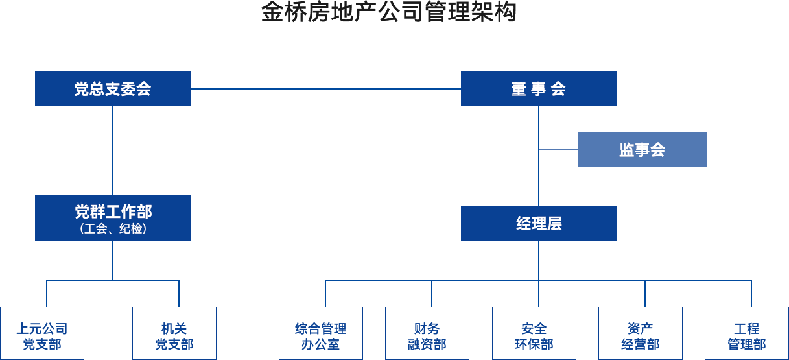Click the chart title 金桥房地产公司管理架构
389,13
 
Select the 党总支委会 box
112,89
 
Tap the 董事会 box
538,89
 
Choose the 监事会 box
642,150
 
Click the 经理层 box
538,224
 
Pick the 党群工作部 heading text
113,211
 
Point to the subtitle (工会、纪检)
113,229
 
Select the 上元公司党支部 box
42,333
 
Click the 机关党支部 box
174,333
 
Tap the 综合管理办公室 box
321,333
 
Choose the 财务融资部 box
427,333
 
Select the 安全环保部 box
534,333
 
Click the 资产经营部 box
641,333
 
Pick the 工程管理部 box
747,333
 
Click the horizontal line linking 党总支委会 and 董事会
324,89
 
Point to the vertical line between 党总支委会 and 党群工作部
112,149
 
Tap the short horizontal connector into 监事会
558,149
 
